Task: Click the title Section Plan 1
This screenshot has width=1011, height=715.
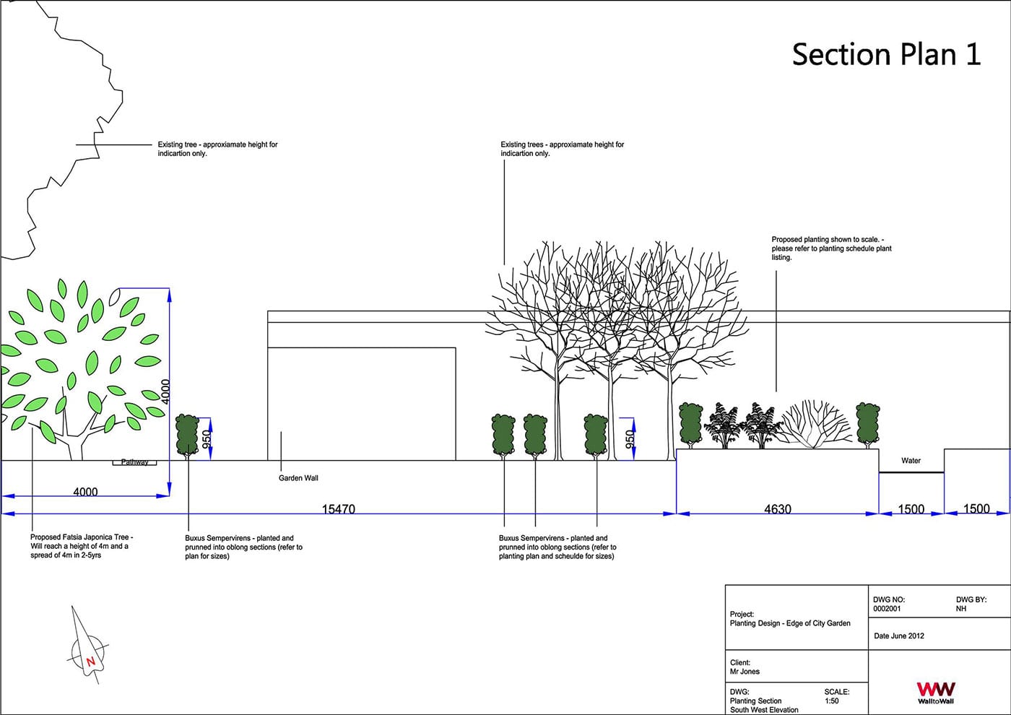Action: (x=887, y=55)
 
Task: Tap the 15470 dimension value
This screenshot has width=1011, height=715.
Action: (x=339, y=508)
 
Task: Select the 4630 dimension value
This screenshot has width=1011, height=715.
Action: (x=778, y=508)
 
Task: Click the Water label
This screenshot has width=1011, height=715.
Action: (x=911, y=461)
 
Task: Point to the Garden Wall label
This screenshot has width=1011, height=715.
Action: (x=298, y=478)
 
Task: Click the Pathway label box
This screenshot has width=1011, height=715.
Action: (x=134, y=462)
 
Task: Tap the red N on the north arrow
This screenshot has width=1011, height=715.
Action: (x=91, y=662)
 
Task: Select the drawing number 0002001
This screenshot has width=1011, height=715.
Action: (x=887, y=608)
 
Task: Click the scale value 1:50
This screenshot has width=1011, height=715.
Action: (x=831, y=701)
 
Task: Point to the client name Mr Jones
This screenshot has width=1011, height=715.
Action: (x=745, y=671)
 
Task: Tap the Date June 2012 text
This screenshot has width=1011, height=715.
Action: (x=899, y=636)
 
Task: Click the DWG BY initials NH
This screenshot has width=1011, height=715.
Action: (x=961, y=608)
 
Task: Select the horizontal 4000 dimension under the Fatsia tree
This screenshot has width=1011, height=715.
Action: (x=85, y=492)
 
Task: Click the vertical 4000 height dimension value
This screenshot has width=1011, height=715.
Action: (x=165, y=391)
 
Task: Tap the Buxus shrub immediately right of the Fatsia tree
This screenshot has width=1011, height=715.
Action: (x=187, y=435)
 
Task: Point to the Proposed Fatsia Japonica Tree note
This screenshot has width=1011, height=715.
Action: (x=82, y=546)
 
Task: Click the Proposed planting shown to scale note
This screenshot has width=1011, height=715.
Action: (x=831, y=248)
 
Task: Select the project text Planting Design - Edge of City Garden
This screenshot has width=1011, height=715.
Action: (x=790, y=623)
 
